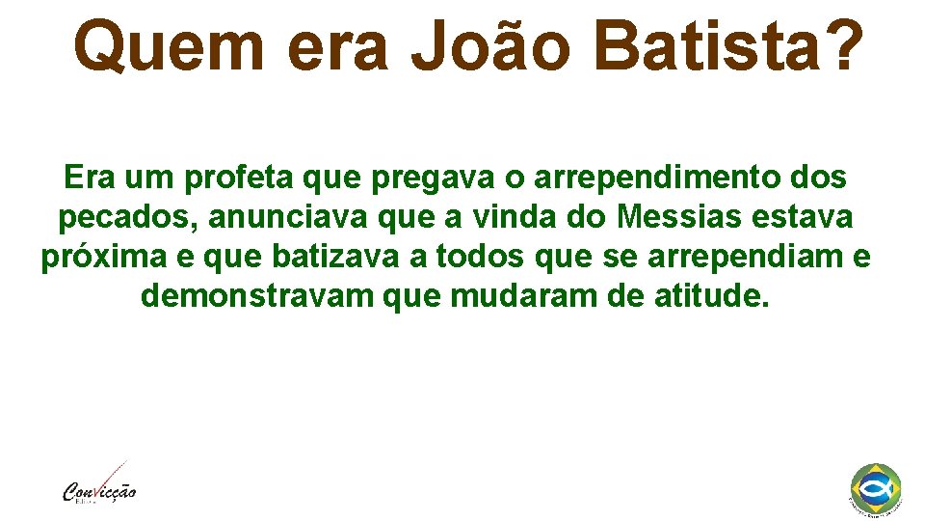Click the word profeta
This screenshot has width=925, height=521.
click(240, 178)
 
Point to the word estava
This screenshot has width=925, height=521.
click(805, 218)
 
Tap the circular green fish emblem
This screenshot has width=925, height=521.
click(876, 487)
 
